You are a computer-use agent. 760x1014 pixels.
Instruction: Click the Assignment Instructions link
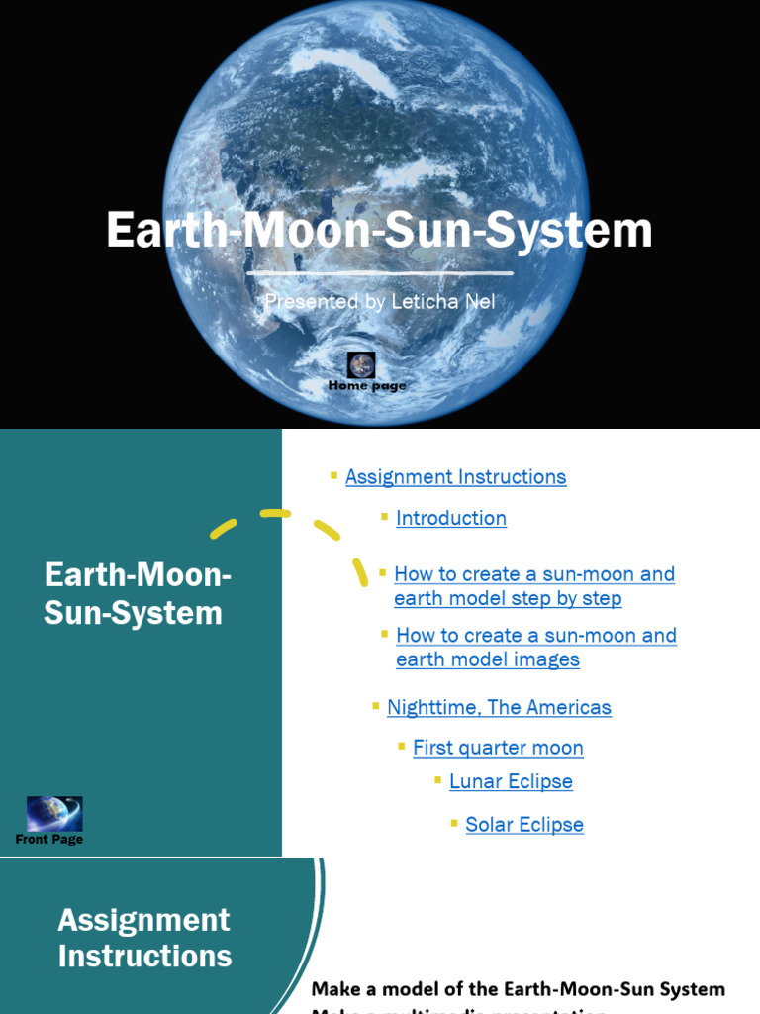(x=455, y=477)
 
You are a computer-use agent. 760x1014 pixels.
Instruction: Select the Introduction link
(x=451, y=518)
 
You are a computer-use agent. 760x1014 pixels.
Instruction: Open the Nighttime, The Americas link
(x=499, y=707)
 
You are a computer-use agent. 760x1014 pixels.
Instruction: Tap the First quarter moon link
(x=498, y=748)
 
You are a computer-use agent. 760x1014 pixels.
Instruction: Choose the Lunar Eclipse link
(x=511, y=781)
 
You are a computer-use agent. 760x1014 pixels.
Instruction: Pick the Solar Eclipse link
(x=524, y=825)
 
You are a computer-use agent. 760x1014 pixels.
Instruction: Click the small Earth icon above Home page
(x=361, y=365)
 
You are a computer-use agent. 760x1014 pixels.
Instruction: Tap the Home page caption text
(x=367, y=385)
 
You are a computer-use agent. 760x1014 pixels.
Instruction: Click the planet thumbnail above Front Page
(x=54, y=814)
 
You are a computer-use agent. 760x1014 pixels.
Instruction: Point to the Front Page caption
(x=49, y=839)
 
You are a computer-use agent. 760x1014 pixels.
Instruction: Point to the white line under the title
(x=380, y=272)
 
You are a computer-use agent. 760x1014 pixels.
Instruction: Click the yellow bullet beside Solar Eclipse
(x=454, y=823)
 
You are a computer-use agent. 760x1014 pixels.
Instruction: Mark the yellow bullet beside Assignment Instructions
(x=334, y=476)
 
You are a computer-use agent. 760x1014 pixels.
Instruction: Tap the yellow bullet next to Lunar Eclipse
(x=437, y=780)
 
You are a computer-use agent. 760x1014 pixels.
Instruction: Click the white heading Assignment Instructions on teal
(x=144, y=938)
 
